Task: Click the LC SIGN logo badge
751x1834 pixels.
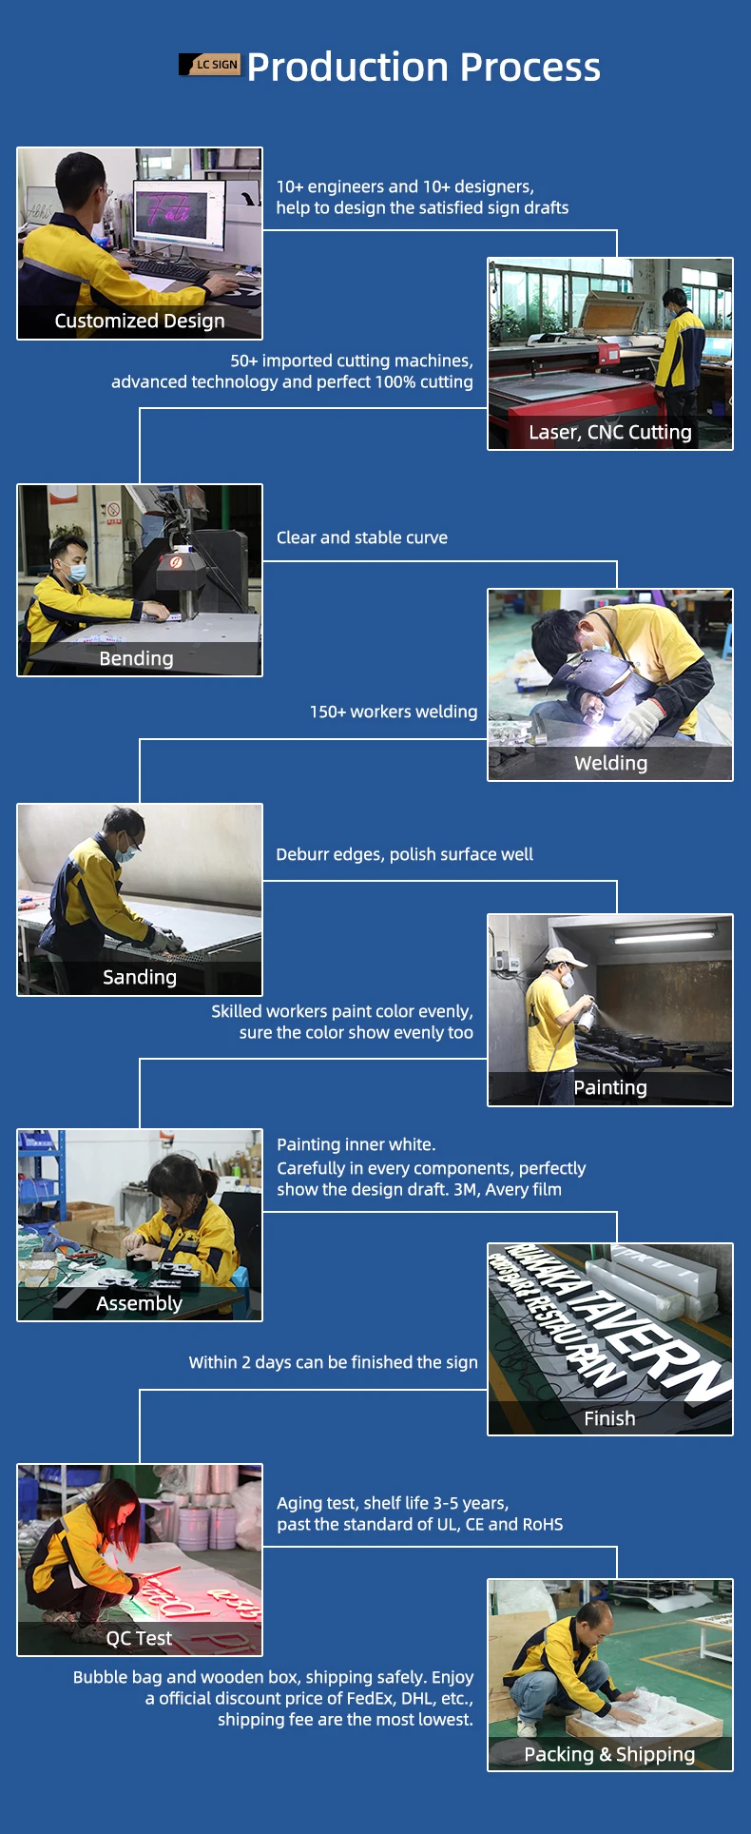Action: (x=210, y=65)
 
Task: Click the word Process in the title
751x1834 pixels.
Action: (x=531, y=68)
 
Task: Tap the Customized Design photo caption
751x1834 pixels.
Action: (x=140, y=321)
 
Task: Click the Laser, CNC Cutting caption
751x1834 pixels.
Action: (x=610, y=433)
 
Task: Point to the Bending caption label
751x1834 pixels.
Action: (x=137, y=658)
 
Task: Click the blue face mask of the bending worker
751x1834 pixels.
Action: (x=76, y=573)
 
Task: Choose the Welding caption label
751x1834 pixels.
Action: (x=611, y=763)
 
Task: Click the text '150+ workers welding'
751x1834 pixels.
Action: (x=394, y=712)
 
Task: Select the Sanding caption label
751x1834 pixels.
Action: (x=140, y=977)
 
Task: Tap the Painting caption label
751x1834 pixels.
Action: (x=610, y=1087)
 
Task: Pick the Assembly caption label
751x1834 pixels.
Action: (x=140, y=1303)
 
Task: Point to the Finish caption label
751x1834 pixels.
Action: (x=610, y=1418)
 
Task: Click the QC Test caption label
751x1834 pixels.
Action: (x=140, y=1638)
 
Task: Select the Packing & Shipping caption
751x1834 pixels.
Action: (x=610, y=1754)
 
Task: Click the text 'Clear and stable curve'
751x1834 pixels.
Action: (x=362, y=537)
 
